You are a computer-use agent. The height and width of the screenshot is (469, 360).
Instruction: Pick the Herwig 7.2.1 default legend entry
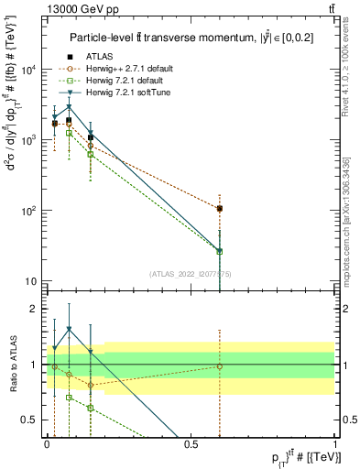pos(125,81)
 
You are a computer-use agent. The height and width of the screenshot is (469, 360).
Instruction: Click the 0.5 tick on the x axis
pos(191,443)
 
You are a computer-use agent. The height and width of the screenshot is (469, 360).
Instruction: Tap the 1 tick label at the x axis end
pos(335,443)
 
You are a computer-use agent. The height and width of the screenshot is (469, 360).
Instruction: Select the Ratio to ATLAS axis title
pos(11,365)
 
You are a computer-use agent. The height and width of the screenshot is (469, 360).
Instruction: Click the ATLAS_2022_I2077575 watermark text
pos(191,273)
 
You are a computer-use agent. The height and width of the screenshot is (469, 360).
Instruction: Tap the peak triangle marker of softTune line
pos(69,107)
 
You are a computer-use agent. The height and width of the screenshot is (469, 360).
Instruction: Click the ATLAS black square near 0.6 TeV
pos(220,209)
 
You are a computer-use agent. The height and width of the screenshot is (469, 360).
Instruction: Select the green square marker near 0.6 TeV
pos(220,251)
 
